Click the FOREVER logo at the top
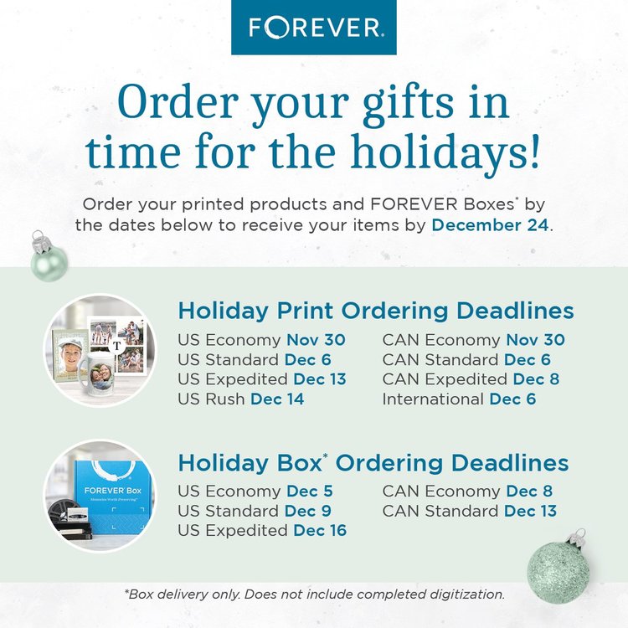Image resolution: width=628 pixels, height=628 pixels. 314,27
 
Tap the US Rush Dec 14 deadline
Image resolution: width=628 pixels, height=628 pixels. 241,399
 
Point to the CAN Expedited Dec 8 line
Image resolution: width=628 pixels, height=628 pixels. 471,379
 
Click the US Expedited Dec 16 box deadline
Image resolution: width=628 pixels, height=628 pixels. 262,530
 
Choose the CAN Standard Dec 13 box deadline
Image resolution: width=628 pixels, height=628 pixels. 470,510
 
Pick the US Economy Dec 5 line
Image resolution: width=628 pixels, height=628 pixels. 255,491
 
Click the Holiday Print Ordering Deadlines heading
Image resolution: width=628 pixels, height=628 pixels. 376,311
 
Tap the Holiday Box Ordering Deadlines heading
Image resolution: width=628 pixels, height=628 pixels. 373,463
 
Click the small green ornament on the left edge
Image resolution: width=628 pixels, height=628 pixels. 48,260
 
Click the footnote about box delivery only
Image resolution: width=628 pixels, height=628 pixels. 314,595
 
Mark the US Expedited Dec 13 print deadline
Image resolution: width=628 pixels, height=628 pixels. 262,379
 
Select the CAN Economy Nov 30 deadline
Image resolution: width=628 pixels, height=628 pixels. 473,340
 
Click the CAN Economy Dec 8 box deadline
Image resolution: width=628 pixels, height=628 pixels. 467,491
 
